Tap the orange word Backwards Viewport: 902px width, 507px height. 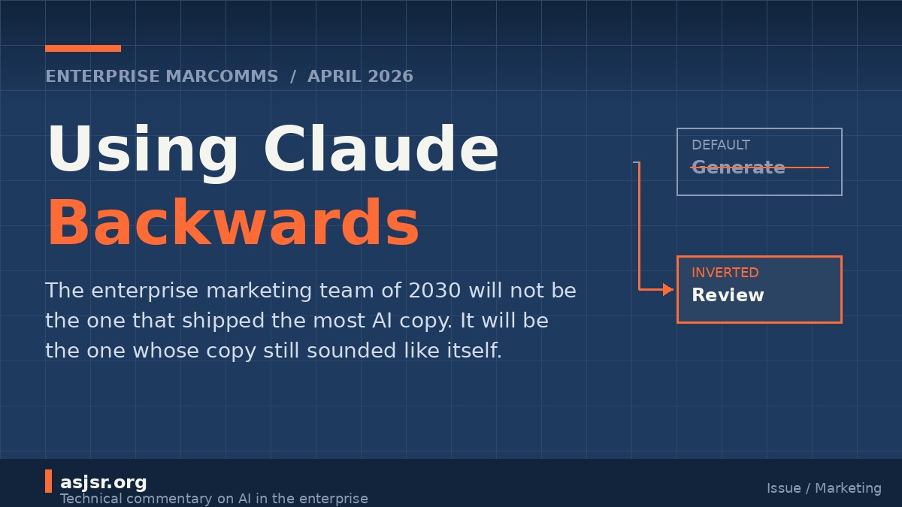(233, 224)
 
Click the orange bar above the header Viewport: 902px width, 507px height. (83, 49)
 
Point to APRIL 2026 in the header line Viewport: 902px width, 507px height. (360, 77)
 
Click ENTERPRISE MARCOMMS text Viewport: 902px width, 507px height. (162, 77)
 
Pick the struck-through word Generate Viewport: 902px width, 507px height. (738, 167)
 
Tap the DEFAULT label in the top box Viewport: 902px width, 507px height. (721, 145)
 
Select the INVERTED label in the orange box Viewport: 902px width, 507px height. (725, 273)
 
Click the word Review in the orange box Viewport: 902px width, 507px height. (728, 295)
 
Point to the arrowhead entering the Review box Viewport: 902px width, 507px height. (667, 289)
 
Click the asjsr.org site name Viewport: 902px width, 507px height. (104, 482)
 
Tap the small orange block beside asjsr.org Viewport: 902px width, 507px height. (48, 481)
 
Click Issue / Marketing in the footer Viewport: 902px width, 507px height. (824, 488)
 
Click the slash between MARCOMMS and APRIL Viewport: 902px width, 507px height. (293, 77)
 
